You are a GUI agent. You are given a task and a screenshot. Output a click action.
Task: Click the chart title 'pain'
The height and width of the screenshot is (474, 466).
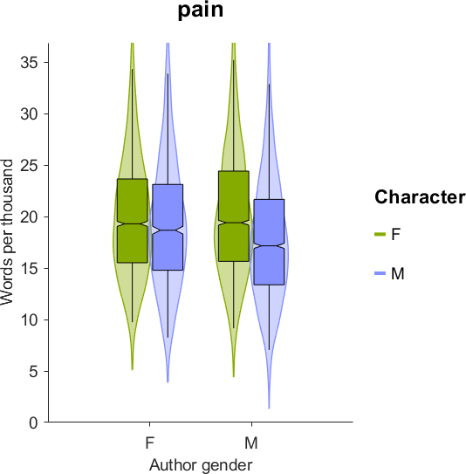[201, 10]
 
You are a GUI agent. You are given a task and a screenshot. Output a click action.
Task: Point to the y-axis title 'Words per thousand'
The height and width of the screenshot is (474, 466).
[7, 232]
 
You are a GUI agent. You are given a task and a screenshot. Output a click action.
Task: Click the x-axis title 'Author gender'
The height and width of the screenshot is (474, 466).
[201, 464]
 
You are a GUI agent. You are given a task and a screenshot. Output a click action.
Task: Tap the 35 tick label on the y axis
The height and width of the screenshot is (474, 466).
[30, 63]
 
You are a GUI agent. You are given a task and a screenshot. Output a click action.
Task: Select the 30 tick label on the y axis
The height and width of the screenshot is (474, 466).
[30, 114]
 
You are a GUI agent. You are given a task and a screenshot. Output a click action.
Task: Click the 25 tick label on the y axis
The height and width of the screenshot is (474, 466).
[30, 166]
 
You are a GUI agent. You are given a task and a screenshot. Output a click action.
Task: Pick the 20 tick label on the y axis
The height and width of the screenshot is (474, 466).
[30, 217]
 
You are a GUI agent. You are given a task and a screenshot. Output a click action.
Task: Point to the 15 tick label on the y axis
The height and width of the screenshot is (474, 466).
[30, 269]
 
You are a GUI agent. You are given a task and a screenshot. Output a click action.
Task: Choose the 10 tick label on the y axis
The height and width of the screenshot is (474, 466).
[30, 320]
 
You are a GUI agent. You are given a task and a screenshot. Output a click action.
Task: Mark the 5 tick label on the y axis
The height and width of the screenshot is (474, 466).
[34, 372]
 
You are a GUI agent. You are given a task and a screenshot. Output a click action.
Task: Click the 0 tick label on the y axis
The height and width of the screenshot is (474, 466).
[34, 422]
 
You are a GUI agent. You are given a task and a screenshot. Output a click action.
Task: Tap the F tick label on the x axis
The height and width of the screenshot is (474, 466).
[150, 443]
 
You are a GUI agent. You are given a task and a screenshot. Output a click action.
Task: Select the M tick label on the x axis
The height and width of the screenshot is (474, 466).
[251, 443]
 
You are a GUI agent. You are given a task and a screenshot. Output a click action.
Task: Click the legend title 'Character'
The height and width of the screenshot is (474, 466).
[420, 197]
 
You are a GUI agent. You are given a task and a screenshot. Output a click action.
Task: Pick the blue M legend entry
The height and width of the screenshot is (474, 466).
[389, 273]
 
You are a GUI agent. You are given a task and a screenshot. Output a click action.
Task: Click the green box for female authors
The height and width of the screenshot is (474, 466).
[133, 221]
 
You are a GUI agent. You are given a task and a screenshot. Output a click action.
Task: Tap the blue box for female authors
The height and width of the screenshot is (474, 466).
[168, 227]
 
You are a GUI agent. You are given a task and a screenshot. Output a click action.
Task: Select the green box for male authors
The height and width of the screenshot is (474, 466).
[234, 216]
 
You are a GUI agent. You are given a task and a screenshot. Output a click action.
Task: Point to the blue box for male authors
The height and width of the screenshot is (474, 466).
[269, 242]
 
